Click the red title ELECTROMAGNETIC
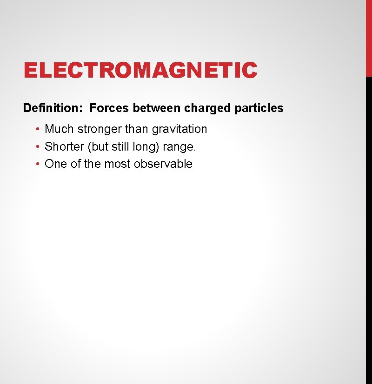(x=140, y=71)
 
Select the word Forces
(x=110, y=108)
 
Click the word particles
(x=259, y=108)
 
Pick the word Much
(x=59, y=129)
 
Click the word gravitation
(x=179, y=129)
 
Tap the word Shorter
(x=64, y=147)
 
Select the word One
(x=54, y=164)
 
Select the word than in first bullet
(x=137, y=129)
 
